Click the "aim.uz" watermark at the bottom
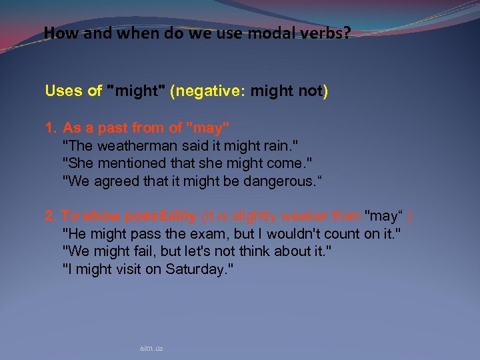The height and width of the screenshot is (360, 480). [x=151, y=348]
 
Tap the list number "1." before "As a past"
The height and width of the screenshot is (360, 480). [x=51, y=127]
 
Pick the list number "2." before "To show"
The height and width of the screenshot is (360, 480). [x=51, y=216]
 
